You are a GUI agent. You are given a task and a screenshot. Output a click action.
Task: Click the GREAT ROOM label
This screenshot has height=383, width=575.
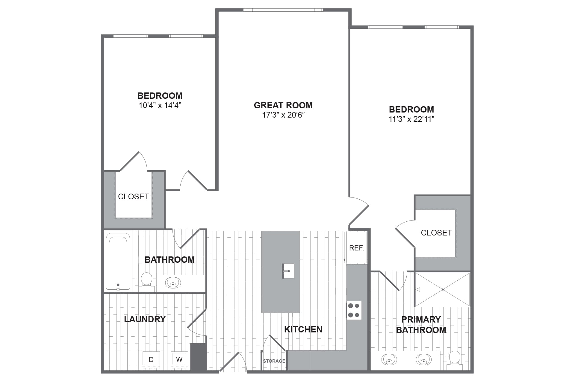coord(283,105)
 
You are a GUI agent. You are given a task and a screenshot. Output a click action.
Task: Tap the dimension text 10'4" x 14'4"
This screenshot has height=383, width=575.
coord(160,105)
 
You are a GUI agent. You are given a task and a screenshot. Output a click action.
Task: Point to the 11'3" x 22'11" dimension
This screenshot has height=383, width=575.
coord(411,119)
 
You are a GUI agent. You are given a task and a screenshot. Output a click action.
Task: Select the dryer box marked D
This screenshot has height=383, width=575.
coord(151,359)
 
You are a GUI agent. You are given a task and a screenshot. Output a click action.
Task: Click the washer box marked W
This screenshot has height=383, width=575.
coord(179,359)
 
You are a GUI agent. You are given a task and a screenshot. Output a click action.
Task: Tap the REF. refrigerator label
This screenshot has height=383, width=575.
coord(356,248)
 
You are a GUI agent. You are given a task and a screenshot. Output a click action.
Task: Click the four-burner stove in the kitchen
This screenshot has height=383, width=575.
coord(354,310)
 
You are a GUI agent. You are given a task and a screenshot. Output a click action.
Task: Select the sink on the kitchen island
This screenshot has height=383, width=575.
coord(288,271)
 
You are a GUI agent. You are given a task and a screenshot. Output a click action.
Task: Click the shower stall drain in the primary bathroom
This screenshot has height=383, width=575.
coord(443,289)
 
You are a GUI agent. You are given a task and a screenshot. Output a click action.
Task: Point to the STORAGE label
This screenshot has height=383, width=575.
coord(274,361)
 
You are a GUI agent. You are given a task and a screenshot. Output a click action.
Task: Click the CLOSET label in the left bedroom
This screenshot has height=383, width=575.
coord(133,197)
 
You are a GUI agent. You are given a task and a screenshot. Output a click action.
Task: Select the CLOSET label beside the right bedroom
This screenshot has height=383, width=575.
coord(436,233)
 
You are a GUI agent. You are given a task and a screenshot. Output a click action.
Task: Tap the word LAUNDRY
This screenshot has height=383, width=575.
coord(145,319)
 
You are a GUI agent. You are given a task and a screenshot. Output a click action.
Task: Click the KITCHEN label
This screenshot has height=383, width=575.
coord(303,329)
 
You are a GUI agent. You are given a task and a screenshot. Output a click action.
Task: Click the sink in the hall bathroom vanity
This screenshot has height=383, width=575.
coord(173,283)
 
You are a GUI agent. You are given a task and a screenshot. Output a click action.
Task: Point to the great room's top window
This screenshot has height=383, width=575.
coord(283,10)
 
